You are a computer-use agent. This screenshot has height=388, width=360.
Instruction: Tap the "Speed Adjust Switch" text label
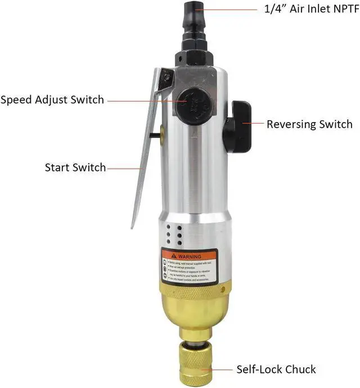pos(52,100)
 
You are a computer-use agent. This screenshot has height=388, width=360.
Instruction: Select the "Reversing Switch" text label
pos(309,124)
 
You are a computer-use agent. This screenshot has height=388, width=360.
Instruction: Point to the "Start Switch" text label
pos(75,168)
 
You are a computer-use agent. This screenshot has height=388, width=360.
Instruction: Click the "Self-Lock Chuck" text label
pos(276,369)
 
